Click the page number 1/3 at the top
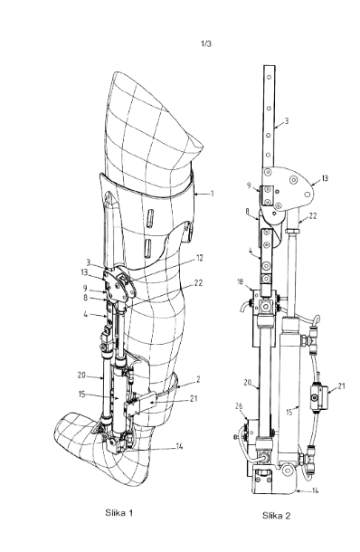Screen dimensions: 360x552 point(206,44)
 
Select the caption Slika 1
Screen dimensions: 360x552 point(118,512)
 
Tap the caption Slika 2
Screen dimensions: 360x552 point(276,516)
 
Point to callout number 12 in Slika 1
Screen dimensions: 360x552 point(199,258)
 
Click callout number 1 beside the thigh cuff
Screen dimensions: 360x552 point(212,194)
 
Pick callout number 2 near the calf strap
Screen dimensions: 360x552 point(198,379)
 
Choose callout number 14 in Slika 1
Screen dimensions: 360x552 point(179,447)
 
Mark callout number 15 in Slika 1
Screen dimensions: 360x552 point(81,395)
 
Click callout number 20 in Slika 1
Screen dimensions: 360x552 point(81,376)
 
